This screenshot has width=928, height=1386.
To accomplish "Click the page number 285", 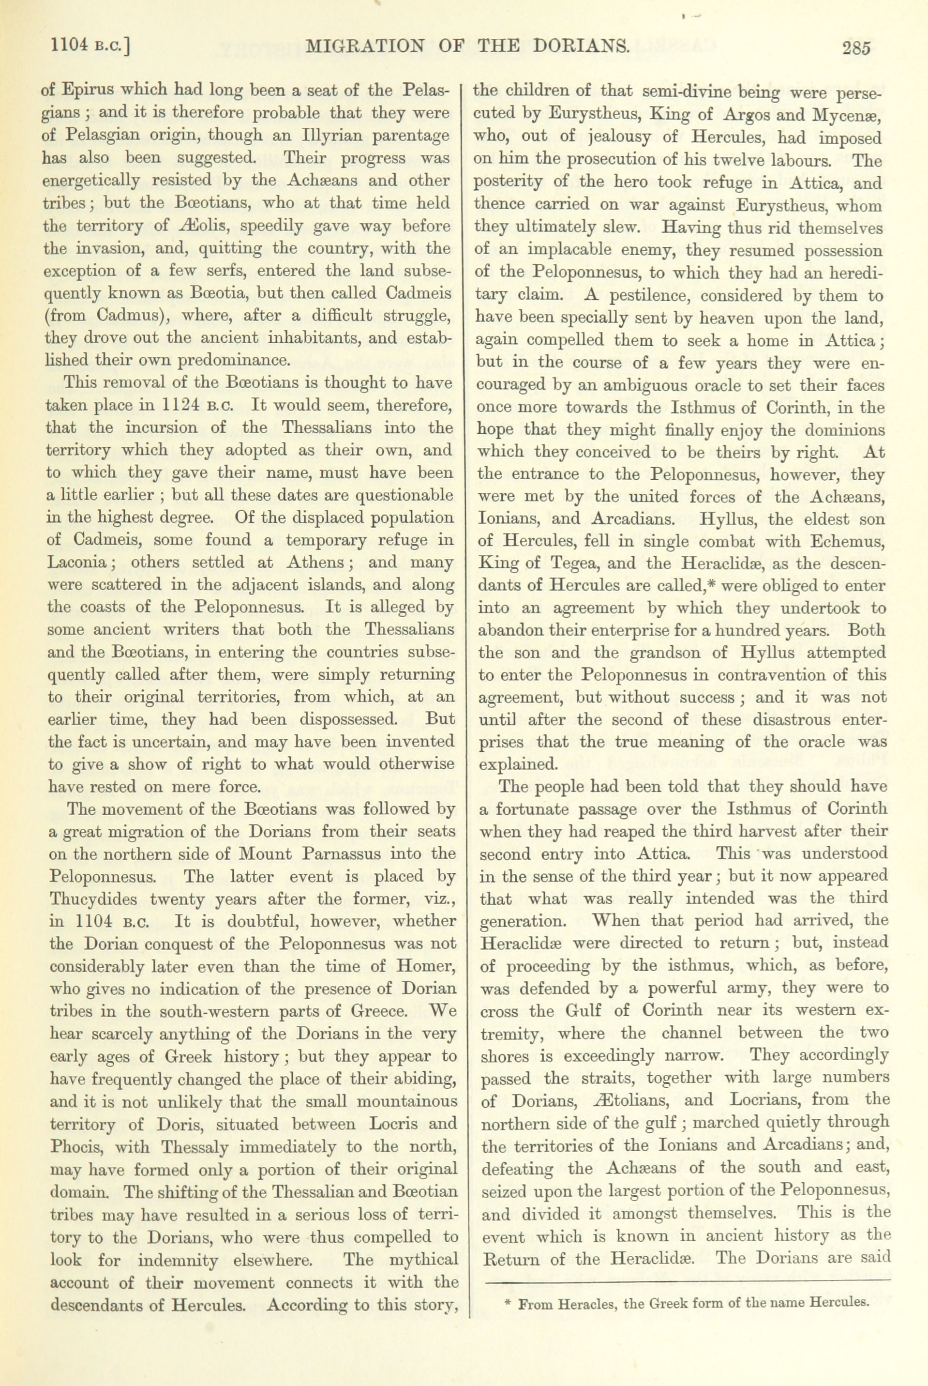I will (850, 48).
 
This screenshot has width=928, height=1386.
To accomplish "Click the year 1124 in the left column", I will (183, 406).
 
